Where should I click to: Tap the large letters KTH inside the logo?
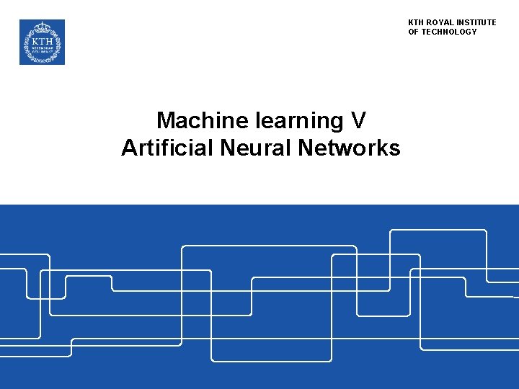click(42, 41)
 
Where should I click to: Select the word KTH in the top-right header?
click(416, 22)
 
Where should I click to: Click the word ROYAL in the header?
click(440, 22)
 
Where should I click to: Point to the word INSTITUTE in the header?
click(476, 22)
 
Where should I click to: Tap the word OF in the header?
click(414, 32)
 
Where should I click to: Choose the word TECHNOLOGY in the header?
click(449, 32)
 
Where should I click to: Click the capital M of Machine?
click(165, 120)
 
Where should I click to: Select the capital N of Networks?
click(303, 148)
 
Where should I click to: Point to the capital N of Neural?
click(229, 148)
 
